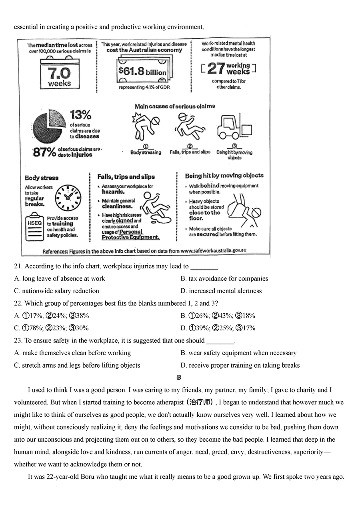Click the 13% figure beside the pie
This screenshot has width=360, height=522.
pos(80,115)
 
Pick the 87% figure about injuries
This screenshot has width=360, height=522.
pos(44,152)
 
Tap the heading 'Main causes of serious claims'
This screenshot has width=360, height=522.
pos(174,106)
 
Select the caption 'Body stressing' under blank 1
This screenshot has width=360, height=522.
pos(146,152)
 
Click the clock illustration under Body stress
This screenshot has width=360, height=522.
pos(68,198)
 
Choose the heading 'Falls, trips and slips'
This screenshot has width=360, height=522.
pos(126,177)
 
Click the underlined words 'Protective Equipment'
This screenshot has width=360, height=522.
pos(130,237)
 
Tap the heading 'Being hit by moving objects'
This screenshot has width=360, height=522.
pos(224,176)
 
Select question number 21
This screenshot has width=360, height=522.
pos(18,266)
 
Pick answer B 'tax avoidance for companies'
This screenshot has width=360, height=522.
pos(224,279)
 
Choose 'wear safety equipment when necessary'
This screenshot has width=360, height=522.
pos(238,353)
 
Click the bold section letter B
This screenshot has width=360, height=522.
pos(179,378)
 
